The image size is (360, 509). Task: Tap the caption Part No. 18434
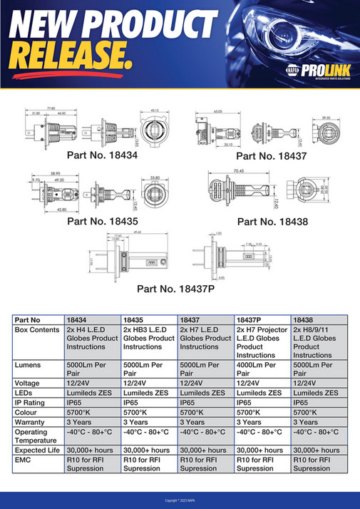click(x=103, y=154)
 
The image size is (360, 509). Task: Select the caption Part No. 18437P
click(x=177, y=289)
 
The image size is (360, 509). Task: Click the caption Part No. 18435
click(x=103, y=221)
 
